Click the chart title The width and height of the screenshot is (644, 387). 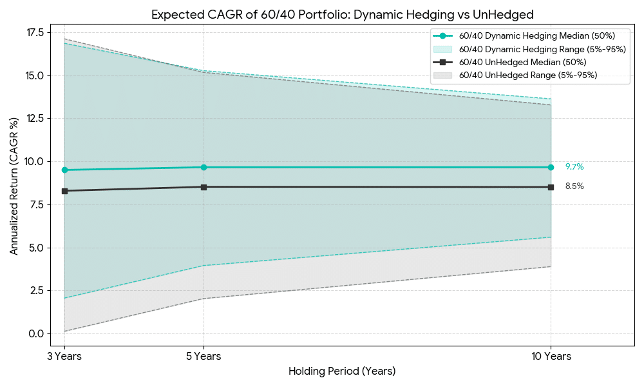tap(342, 14)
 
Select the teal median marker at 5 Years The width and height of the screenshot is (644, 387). tap(204, 167)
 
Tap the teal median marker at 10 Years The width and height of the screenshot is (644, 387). tap(551, 167)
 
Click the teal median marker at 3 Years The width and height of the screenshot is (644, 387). tap(65, 170)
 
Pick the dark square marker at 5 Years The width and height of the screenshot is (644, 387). tap(204, 187)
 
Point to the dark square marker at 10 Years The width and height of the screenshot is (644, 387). tap(551, 187)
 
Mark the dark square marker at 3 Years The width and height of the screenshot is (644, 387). tap(65, 191)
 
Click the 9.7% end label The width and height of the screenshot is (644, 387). tap(574, 167)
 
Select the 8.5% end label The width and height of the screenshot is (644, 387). tap(574, 186)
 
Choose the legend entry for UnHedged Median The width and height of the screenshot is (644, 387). tap(522, 62)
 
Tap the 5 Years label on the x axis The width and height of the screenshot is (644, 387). tap(204, 356)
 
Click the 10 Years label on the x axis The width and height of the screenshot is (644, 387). tap(551, 356)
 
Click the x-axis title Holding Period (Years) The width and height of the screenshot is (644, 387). tap(342, 372)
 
